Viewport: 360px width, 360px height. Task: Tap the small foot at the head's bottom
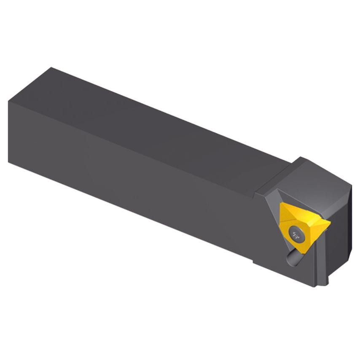325,282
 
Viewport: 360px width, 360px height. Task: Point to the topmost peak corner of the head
301,158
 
